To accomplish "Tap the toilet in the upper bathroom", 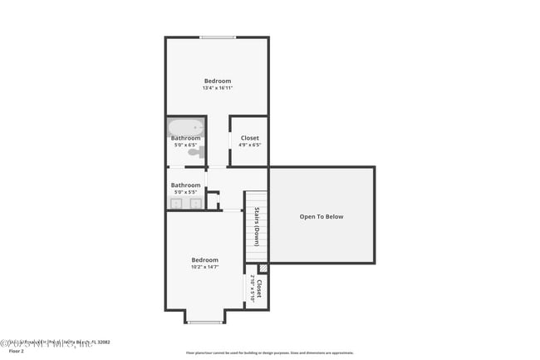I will click(196, 152).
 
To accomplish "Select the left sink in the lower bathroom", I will click(176, 202).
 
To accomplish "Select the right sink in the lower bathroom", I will click(196, 202).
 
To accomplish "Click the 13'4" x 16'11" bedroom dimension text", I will click(218, 88).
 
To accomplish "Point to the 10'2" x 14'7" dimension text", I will click(205, 267).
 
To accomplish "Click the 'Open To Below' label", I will click(322, 217).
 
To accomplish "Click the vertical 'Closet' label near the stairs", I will click(259, 288).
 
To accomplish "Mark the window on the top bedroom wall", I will click(218, 37).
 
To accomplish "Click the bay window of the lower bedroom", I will click(204, 321).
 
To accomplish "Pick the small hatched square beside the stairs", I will click(263, 268).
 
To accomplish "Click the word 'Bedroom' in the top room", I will click(218, 81).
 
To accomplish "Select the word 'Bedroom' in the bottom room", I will click(205, 259).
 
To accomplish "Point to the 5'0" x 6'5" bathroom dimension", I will click(185, 145).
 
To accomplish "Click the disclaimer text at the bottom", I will click(269, 353).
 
